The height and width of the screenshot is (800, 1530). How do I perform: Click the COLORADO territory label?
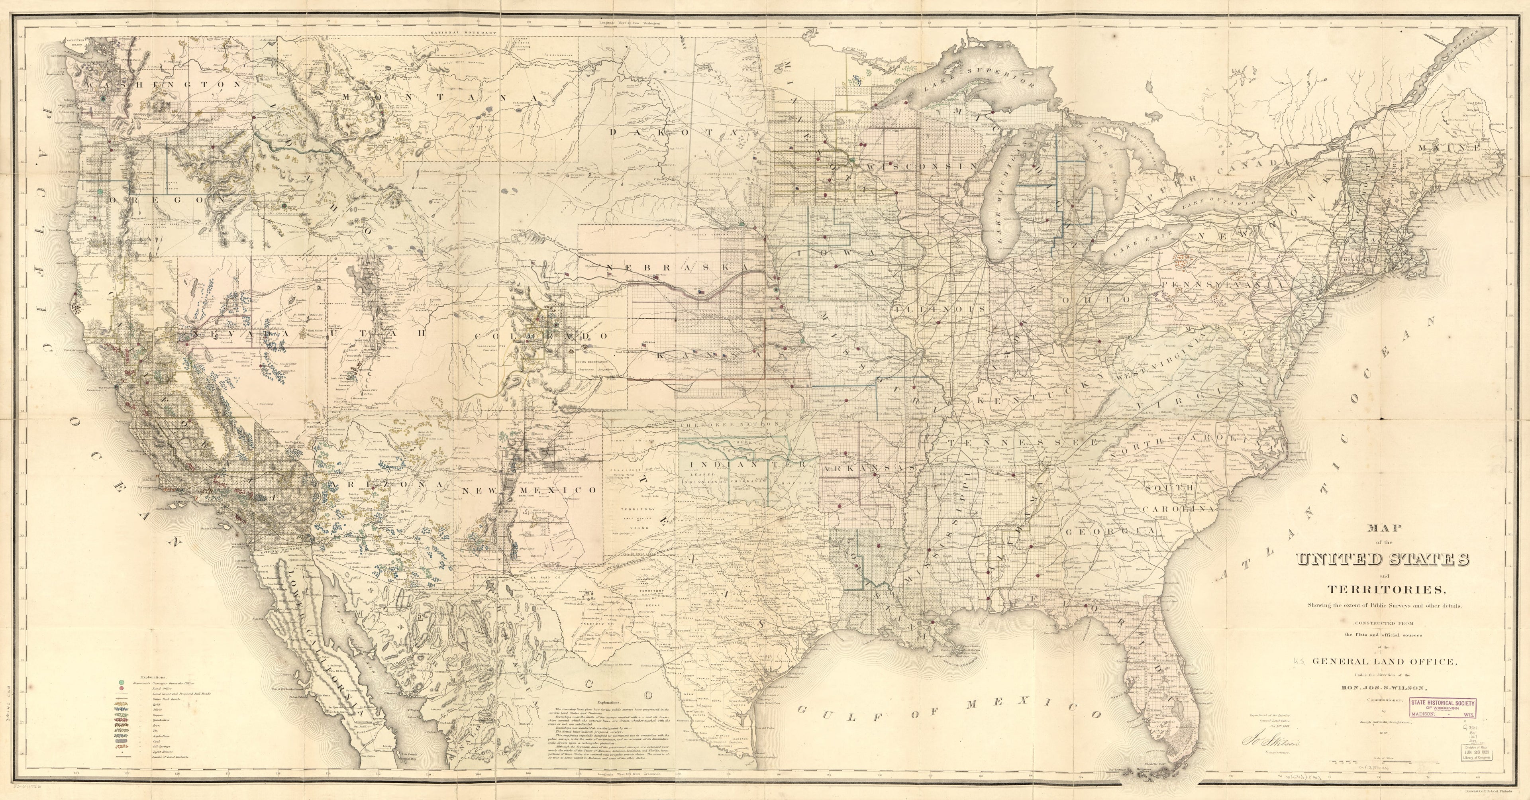[x=542, y=336]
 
